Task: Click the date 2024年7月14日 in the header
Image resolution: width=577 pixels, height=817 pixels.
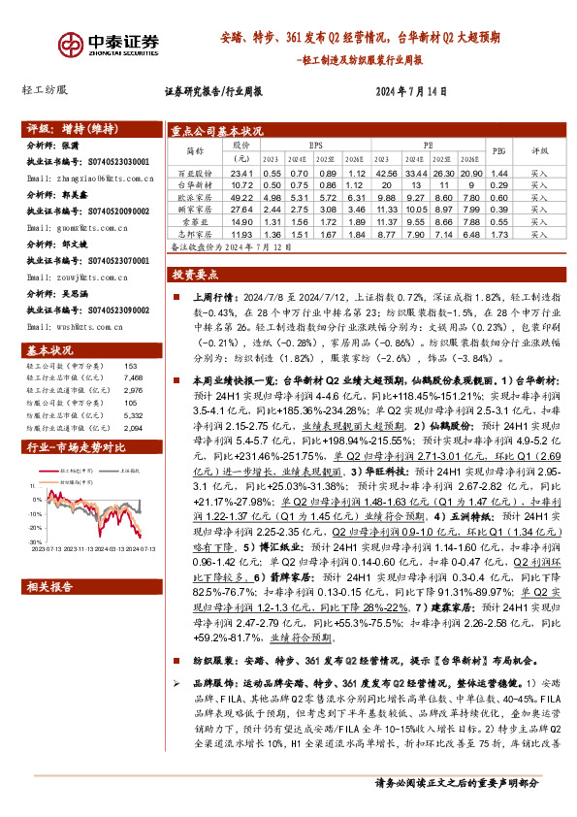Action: point(410,94)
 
